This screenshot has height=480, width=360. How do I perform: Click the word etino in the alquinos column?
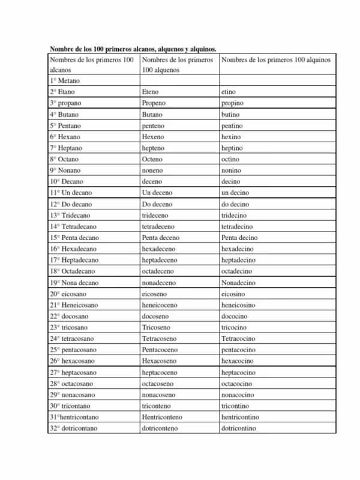pos(229,92)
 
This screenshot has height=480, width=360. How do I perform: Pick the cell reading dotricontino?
pos(239,428)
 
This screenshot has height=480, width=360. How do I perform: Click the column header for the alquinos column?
pos(275,60)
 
